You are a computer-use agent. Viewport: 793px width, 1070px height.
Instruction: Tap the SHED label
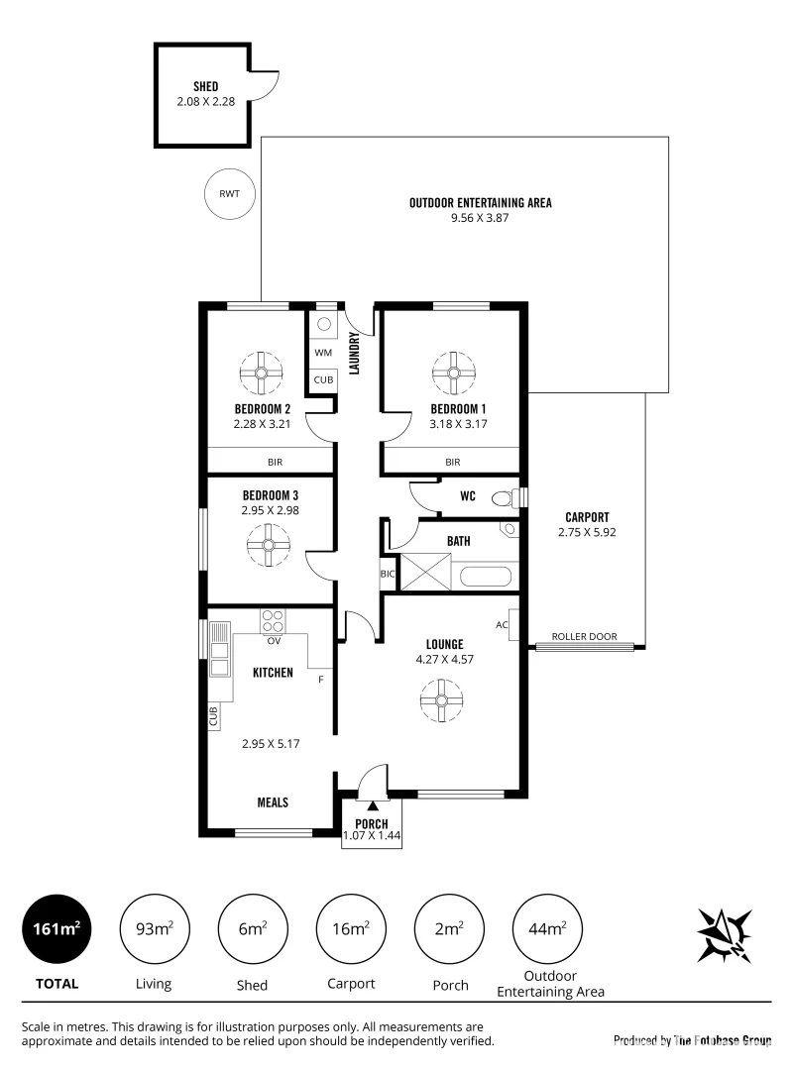click(205, 86)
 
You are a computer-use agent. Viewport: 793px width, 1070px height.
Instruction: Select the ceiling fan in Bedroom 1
click(454, 373)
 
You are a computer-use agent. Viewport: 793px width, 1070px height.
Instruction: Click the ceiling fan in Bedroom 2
click(262, 373)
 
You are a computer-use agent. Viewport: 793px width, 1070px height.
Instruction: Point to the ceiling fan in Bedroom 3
click(268, 544)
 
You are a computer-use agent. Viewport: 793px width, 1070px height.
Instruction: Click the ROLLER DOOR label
click(584, 637)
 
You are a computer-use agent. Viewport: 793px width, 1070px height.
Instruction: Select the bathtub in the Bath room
click(485, 576)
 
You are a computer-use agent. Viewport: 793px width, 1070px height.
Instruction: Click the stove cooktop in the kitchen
click(273, 621)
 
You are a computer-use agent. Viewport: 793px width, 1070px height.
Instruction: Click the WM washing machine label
click(322, 352)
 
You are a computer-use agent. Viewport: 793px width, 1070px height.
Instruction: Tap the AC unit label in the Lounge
click(503, 625)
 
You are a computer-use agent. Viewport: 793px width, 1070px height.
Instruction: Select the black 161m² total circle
click(55, 929)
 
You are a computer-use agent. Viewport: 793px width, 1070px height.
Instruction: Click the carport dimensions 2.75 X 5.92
click(587, 532)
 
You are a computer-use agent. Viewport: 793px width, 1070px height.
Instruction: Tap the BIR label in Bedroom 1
click(453, 462)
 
